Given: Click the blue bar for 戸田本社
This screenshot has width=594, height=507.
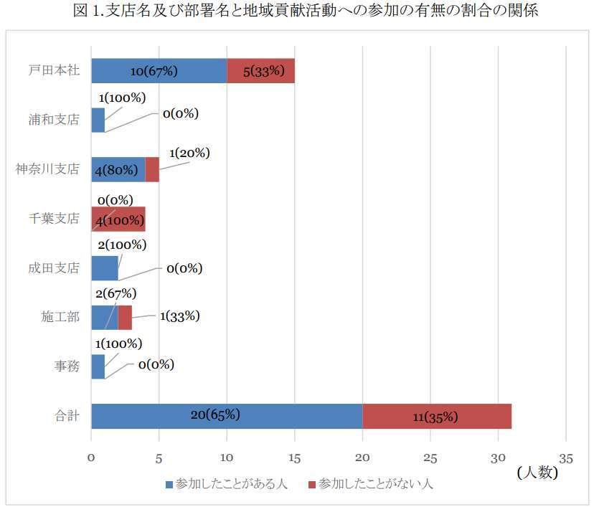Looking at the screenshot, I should click(x=159, y=71).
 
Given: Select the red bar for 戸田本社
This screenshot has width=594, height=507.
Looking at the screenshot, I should click(x=260, y=71).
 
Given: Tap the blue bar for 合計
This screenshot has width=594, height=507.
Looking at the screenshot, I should click(x=227, y=416).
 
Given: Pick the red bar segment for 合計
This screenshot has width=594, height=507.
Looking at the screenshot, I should click(x=436, y=416).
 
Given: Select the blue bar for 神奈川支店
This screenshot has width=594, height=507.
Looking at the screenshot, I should click(x=118, y=170).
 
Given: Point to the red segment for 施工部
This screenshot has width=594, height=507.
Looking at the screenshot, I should click(x=125, y=317).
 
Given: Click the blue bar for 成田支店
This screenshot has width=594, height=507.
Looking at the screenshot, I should click(x=105, y=268).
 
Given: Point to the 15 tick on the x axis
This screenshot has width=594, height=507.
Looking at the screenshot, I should click(x=294, y=457).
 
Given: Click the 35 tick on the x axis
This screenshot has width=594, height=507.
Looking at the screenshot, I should click(x=565, y=457).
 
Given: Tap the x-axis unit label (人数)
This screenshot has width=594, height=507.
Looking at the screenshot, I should click(x=537, y=472).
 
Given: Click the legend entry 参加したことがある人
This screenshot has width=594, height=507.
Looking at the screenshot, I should click(x=226, y=484).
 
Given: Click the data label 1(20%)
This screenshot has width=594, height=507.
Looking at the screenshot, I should click(x=189, y=153).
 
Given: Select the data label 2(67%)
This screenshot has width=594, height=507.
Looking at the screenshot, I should click(x=115, y=293).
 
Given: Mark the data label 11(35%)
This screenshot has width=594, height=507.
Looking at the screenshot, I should click(x=435, y=417).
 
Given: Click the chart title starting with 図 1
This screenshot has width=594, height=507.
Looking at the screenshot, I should click(x=296, y=11).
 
